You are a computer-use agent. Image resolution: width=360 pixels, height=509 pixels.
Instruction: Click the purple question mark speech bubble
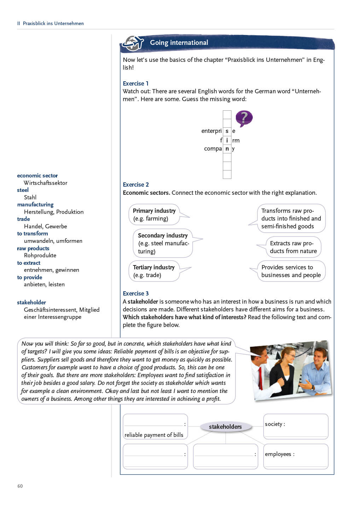(244, 118)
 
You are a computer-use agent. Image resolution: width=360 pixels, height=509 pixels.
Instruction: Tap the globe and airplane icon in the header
(133, 43)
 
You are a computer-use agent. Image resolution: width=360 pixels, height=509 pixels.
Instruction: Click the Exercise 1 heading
(135, 83)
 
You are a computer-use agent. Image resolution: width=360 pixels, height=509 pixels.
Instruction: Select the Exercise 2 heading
(136, 185)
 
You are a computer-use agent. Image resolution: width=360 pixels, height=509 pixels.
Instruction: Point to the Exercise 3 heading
(136, 293)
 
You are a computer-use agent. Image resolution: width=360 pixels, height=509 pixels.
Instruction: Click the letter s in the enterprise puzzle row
(227, 131)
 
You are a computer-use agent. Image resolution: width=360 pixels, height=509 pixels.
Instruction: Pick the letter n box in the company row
(227, 149)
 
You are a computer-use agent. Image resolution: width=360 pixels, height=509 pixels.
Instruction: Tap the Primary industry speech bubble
(154, 215)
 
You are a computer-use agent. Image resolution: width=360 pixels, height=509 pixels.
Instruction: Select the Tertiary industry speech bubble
(154, 271)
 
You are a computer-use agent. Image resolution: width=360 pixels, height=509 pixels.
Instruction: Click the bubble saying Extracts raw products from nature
(293, 247)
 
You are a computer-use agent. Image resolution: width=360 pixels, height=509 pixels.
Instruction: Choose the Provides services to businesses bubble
(291, 271)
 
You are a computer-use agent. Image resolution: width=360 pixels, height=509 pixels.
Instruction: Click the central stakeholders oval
(225, 427)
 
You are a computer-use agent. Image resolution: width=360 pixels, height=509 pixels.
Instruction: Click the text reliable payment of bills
(154, 435)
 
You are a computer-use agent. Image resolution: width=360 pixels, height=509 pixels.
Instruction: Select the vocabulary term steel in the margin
(23, 190)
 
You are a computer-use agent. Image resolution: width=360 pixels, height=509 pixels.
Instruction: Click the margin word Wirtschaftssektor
(45, 183)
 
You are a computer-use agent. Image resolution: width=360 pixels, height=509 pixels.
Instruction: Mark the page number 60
(20, 486)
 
